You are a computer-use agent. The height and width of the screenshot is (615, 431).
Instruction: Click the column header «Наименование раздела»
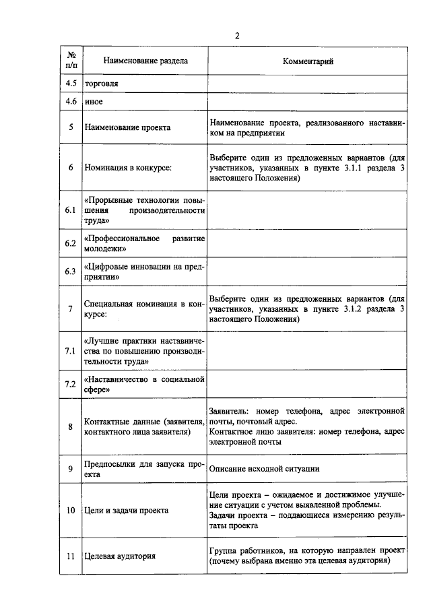145,61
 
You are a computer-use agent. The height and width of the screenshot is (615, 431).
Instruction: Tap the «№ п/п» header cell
71,61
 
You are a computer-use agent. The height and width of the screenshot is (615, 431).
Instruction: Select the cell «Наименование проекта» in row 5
127,127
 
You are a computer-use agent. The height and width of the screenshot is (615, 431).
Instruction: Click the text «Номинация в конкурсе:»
128,168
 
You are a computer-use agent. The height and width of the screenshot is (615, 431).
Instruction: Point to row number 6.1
71,210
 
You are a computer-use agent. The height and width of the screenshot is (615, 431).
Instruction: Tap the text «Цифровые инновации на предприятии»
144,271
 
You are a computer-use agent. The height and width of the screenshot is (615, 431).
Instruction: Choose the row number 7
71,309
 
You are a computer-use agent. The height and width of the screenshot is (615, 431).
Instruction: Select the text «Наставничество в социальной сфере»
144,385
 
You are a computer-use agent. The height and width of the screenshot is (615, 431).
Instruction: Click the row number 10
71,511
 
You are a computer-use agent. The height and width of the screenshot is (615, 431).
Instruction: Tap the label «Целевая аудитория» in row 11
120,556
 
